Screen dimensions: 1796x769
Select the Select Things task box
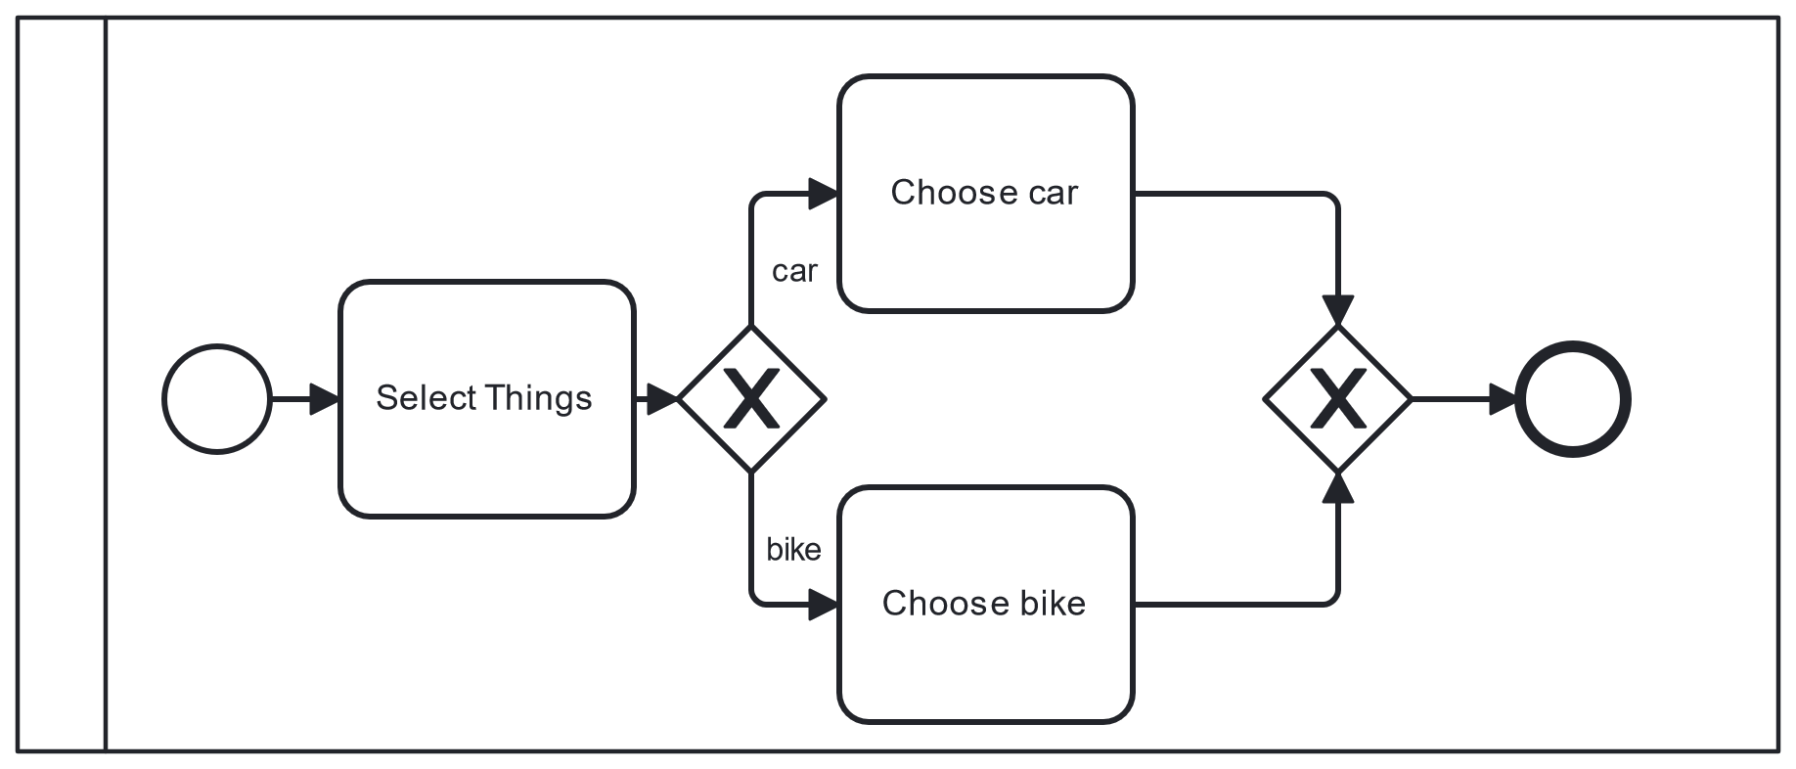(487, 399)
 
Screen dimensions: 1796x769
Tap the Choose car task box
(986, 194)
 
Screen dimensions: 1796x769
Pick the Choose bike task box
(986, 605)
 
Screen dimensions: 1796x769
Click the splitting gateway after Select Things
(751, 399)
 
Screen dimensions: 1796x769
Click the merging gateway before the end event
(1338, 399)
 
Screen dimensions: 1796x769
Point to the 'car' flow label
(794, 271)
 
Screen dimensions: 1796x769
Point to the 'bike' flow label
(793, 550)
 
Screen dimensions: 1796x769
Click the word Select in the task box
(426, 398)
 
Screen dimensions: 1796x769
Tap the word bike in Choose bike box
(1053, 603)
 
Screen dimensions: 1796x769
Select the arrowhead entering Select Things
(325, 399)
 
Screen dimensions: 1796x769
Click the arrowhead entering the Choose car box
(824, 194)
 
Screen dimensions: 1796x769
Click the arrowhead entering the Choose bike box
(824, 605)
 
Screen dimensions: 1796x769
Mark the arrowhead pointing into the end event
(1503, 399)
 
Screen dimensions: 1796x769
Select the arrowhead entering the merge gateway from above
(1338, 311)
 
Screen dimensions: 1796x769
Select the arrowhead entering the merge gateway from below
(1338, 487)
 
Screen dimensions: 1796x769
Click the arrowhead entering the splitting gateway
(663, 399)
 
